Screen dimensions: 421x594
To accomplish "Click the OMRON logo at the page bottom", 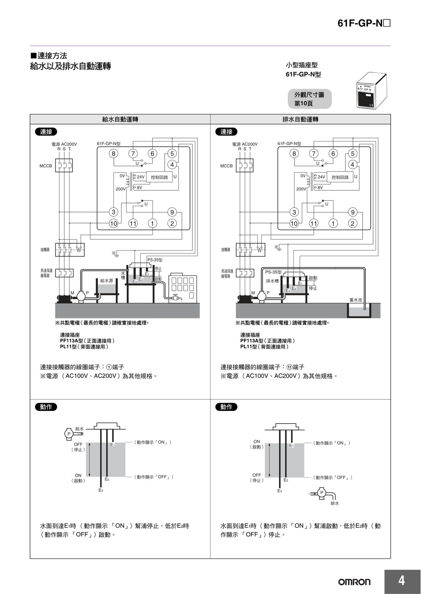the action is (x=354, y=582).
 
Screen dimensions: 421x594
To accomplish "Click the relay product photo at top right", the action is (x=372, y=90).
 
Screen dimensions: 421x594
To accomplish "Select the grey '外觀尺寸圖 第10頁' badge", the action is (x=310, y=99).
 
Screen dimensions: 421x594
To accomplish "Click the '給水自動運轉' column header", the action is (x=120, y=119).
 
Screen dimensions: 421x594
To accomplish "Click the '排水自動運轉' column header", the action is (x=301, y=119).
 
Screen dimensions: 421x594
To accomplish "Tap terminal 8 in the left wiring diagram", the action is (x=113, y=154).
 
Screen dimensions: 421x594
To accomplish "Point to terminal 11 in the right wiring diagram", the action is (x=314, y=223).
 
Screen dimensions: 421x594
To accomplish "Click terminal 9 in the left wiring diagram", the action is (x=172, y=212).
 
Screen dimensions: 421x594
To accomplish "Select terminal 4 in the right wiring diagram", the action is (x=353, y=165).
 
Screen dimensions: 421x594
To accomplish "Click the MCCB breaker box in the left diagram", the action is (x=64, y=166).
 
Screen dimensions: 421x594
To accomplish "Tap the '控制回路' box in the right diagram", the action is (x=340, y=177).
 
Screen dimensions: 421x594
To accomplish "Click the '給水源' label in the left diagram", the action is (x=106, y=280).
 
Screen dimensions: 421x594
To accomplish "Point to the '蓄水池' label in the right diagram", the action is (x=356, y=300).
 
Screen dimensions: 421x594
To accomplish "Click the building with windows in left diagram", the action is (x=183, y=287).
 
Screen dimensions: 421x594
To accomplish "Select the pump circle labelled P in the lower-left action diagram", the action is (x=69, y=434).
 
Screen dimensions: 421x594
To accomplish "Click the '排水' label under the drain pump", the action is (x=335, y=503).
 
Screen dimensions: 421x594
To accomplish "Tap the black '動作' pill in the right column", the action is (x=226, y=407).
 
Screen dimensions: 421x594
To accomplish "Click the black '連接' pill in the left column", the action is (x=46, y=132).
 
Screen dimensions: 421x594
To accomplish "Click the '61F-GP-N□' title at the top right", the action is (x=364, y=23).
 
